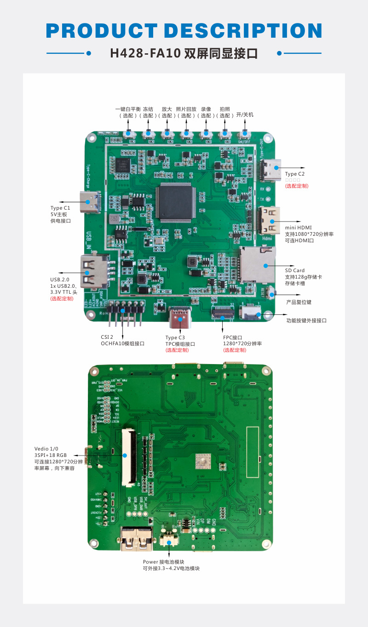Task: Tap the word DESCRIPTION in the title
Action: (243, 31)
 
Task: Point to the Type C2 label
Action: (295, 174)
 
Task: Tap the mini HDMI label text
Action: (298, 228)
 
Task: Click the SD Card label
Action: (294, 270)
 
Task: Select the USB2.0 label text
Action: (60, 279)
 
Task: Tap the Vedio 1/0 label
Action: (46, 449)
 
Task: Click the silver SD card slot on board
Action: (256, 265)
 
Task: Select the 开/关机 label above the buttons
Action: (245, 115)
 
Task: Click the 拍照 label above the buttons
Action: (225, 109)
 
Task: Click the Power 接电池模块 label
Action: (163, 562)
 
